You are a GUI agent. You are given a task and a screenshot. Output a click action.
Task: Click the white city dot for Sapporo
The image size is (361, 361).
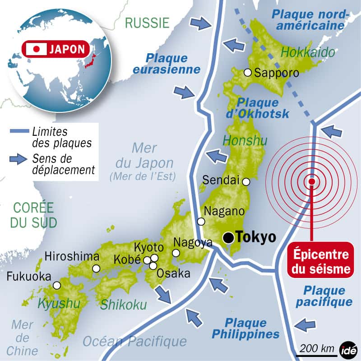pyautogui.click(x=247, y=72)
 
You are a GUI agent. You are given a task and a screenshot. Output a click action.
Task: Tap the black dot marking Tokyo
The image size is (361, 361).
pyautogui.click(x=230, y=237)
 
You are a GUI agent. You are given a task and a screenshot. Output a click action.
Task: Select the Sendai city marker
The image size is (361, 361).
pyautogui.click(x=246, y=182)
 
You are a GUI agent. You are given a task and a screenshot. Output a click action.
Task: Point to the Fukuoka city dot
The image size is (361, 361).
pyautogui.click(x=56, y=285)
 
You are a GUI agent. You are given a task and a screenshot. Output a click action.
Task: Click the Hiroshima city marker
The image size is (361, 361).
pyautogui.click(x=96, y=268)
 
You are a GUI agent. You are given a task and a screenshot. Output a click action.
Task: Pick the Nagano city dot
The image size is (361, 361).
pyautogui.click(x=201, y=222)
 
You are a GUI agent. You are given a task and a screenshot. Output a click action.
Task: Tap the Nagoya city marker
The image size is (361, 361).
pyautogui.click(x=176, y=253)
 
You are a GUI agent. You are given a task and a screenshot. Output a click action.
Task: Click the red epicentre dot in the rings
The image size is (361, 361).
pyautogui.click(x=311, y=182)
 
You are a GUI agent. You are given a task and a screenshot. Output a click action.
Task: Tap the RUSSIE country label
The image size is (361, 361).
pyautogui.click(x=147, y=23)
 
